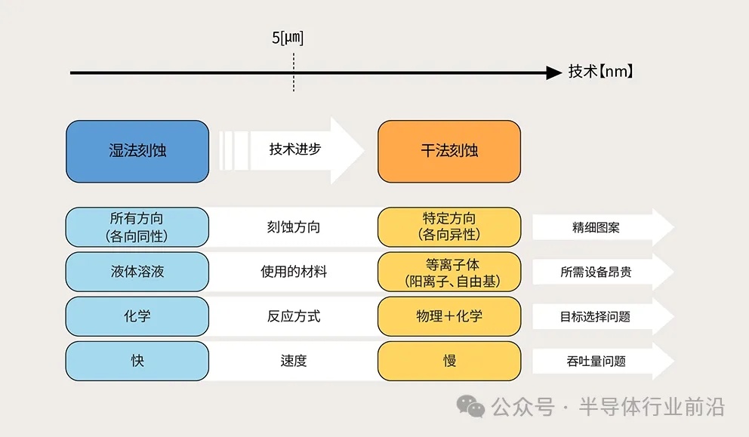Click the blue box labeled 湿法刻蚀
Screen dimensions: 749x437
click(x=137, y=152)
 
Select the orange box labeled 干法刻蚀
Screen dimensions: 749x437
click(x=449, y=152)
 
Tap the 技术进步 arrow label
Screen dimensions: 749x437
click(x=294, y=149)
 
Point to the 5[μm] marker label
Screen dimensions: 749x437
click(x=288, y=38)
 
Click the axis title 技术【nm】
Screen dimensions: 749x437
click(x=600, y=72)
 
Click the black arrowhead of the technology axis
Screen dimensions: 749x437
click(x=554, y=72)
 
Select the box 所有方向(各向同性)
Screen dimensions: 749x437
click(x=137, y=227)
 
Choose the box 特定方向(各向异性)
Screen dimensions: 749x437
click(x=449, y=227)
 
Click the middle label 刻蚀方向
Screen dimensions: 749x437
click(x=293, y=227)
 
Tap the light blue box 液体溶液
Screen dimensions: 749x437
click(x=137, y=272)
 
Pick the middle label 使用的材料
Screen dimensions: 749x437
click(x=293, y=272)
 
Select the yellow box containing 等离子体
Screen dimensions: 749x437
click(x=449, y=272)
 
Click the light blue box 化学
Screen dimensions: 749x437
click(x=137, y=316)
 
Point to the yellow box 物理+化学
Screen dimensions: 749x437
click(x=449, y=316)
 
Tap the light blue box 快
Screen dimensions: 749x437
click(x=137, y=361)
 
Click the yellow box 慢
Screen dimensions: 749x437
click(x=449, y=361)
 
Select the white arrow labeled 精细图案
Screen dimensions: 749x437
click(x=603, y=227)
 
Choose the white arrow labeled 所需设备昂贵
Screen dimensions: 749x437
click(x=603, y=272)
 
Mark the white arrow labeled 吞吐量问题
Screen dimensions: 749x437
click(x=603, y=361)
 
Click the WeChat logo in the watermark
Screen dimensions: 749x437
click(x=470, y=407)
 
